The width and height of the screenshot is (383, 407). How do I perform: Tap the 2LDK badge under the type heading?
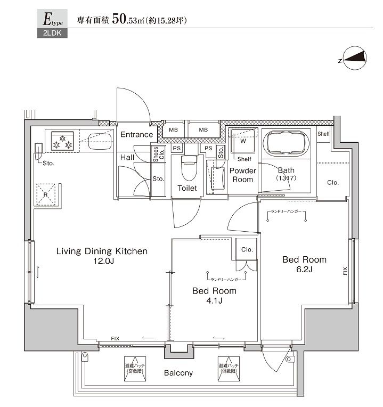pos(48,34)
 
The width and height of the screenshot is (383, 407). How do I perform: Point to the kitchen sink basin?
pos(99,142)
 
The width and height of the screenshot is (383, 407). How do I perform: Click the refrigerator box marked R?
pos(45,193)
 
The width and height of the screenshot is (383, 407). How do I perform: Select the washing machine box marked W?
pos(242,143)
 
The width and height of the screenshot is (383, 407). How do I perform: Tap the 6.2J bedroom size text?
pos(305,270)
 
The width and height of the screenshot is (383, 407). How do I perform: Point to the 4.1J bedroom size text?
pos(214,302)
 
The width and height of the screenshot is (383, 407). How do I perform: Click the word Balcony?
pos(178,373)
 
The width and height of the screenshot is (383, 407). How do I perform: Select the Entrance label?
pos(136,135)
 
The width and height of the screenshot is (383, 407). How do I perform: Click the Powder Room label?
pos(243,175)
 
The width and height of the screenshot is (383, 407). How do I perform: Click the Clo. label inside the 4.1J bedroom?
pos(247,249)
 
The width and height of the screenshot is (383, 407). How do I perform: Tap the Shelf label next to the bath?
pos(323,134)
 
